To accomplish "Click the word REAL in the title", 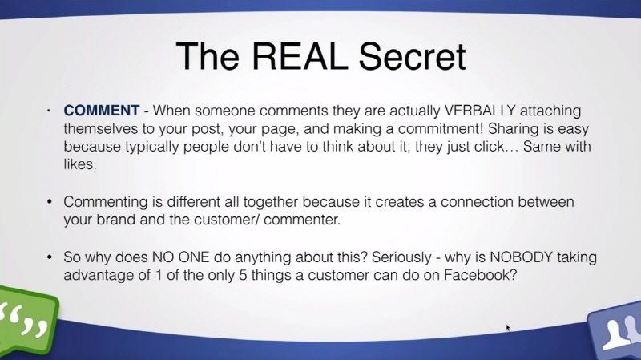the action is coord(300,56).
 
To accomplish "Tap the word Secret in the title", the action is coord(412,56).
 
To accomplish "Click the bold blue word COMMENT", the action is coord(102,111).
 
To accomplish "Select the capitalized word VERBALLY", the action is coord(480,111).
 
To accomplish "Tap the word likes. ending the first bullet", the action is coord(80,164).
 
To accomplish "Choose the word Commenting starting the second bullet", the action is coord(106,202).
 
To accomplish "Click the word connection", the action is coord(477,202).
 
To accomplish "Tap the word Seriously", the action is coord(401,257).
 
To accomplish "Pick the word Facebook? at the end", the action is coord(480,275).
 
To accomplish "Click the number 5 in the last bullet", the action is coord(243,275).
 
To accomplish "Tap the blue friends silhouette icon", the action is coord(615,331).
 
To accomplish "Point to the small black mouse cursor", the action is coord(508,328).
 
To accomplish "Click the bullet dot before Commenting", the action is coord(50,202).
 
